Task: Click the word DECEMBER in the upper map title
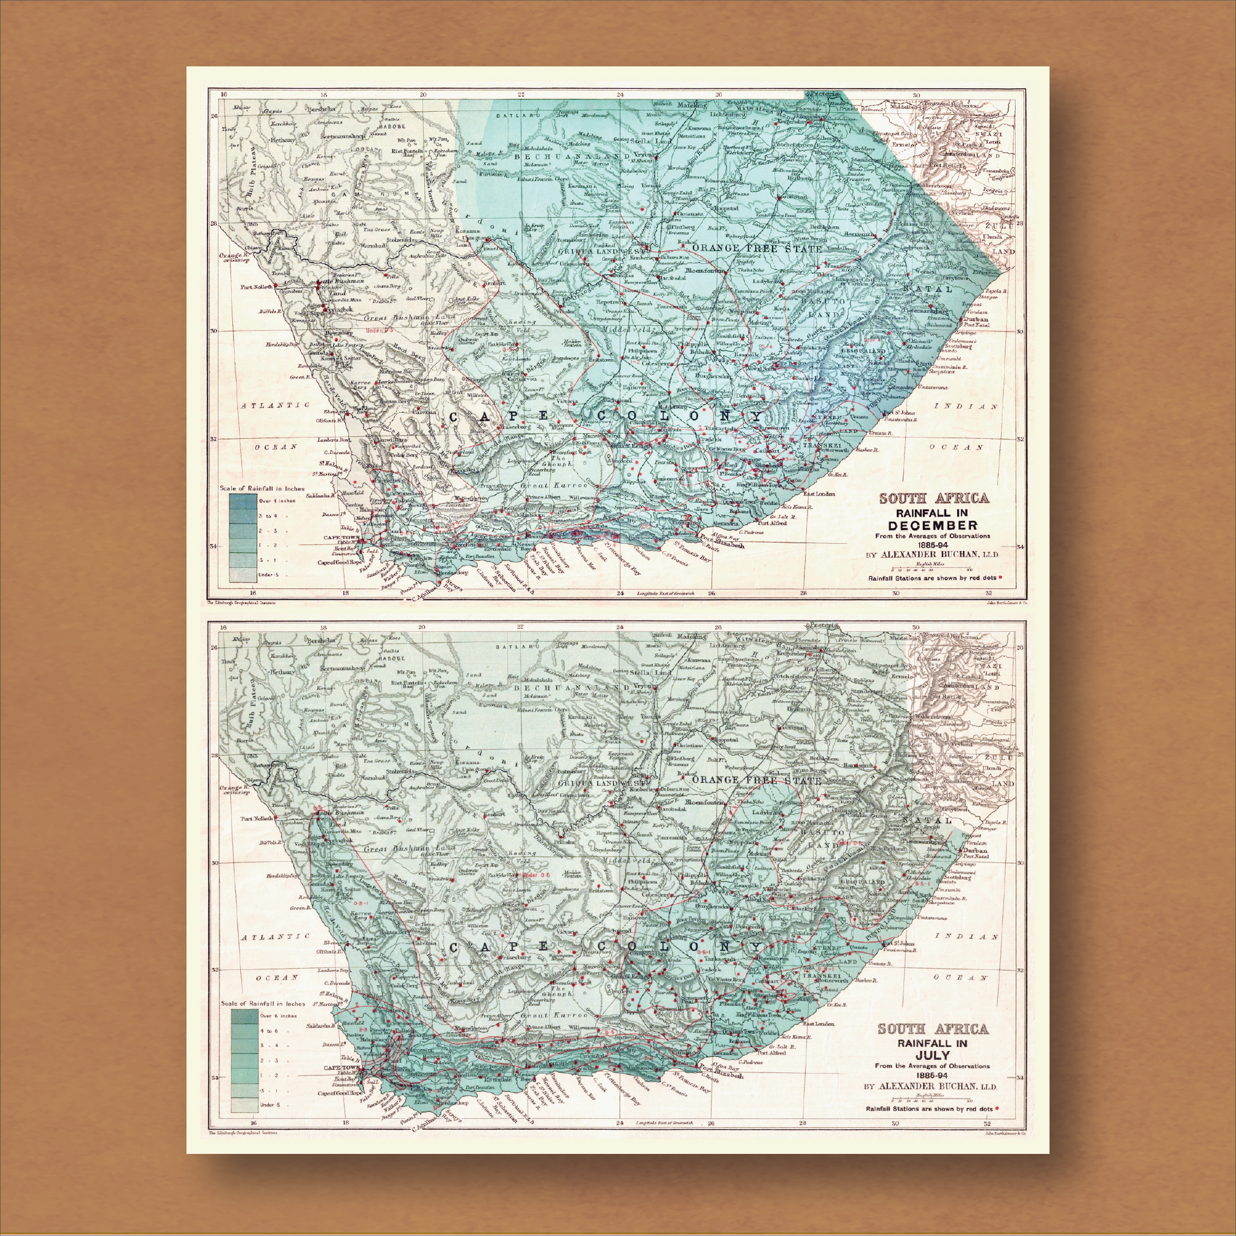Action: pyautogui.click(x=932, y=524)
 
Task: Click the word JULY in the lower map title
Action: pyautogui.click(x=932, y=1054)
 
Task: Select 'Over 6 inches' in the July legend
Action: pyautogui.click(x=278, y=1015)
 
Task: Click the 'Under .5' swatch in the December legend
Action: pyautogui.click(x=240, y=575)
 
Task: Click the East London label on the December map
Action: pyautogui.click(x=820, y=494)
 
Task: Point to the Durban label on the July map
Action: pyautogui.click(x=973, y=851)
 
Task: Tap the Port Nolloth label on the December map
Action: pyautogui.click(x=257, y=287)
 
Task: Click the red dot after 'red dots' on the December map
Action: pyautogui.click(x=999, y=578)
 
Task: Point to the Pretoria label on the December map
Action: pyautogui.click(x=823, y=94)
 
